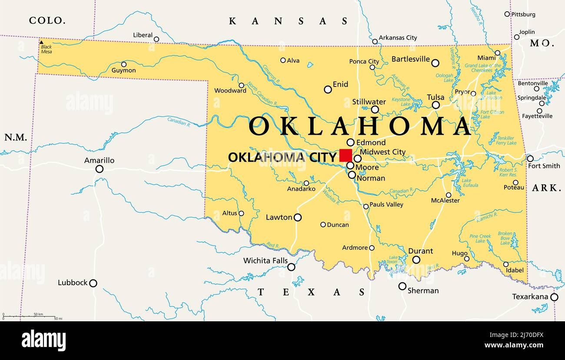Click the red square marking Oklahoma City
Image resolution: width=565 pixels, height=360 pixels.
(346, 156)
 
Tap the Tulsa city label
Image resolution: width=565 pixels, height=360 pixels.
(435, 97)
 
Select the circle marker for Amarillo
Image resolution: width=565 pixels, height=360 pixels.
(100, 169)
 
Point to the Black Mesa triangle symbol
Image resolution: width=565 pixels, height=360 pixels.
(41, 43)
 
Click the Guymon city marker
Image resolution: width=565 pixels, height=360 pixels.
(124, 64)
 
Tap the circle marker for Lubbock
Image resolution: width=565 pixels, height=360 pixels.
(93, 283)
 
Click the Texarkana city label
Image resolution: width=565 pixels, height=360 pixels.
(530, 297)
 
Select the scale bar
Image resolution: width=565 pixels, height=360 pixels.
(29, 317)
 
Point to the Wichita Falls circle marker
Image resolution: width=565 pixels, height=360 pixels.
(291, 267)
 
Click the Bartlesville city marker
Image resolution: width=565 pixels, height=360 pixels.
(435, 63)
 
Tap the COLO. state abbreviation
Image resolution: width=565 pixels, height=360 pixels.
(47, 20)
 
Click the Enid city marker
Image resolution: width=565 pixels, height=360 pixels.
(328, 90)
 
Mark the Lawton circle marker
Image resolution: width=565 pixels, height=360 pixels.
(298, 217)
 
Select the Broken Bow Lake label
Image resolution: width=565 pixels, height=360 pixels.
(505, 238)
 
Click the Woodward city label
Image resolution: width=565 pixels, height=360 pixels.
(230, 91)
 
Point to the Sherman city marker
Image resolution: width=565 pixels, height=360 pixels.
(402, 286)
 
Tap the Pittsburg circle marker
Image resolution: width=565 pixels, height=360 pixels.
(507, 14)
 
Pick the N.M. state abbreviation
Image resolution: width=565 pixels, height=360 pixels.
(16, 137)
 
